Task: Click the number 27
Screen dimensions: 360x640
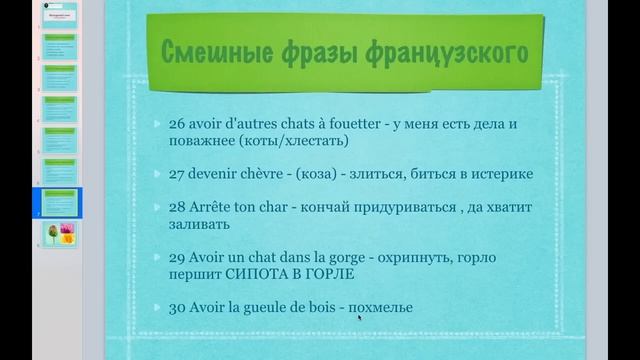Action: (x=177, y=173)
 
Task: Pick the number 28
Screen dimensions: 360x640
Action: (x=177, y=208)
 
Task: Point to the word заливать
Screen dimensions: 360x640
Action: (x=201, y=226)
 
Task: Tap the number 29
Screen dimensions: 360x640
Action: (x=177, y=257)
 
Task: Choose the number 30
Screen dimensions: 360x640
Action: (x=177, y=307)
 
